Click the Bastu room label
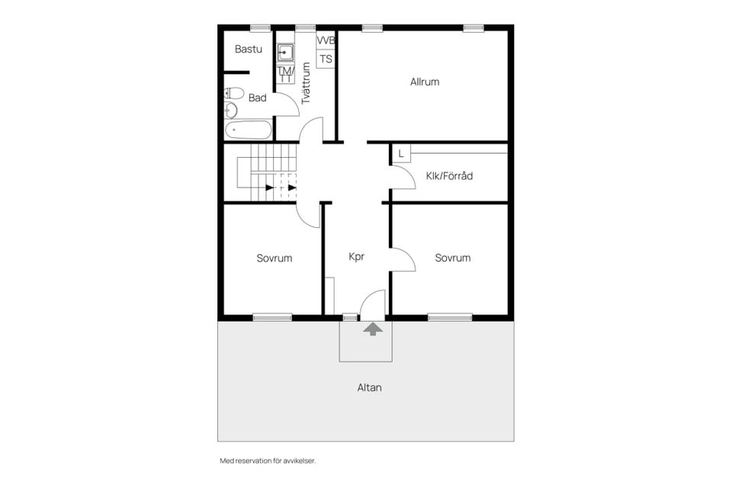point(248,49)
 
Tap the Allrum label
point(425,82)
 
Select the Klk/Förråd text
point(449,175)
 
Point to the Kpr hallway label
point(356,256)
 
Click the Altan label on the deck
point(369,387)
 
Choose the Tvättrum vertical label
point(306,83)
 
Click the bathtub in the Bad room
point(248,130)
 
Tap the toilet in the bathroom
point(234,93)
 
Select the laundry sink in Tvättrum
point(284,53)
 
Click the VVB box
point(326,40)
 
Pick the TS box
point(326,59)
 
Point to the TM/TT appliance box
point(285,74)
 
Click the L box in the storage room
point(400,153)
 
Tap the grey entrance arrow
point(373,329)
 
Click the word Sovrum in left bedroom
point(274,258)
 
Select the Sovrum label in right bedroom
point(453,258)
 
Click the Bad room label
point(257,98)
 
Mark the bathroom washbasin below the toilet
point(231,111)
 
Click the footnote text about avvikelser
point(268,461)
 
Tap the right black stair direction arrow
point(292,188)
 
